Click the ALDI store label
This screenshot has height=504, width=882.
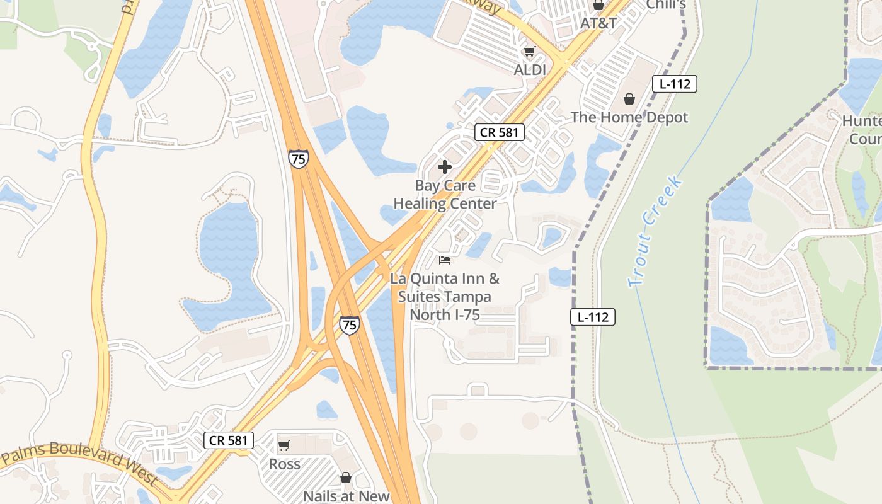pyautogui.click(x=530, y=70)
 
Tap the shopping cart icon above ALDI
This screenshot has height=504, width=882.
pyautogui.click(x=529, y=52)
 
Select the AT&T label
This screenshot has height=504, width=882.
pyautogui.click(x=598, y=23)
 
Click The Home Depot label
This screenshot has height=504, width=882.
pyautogui.click(x=629, y=117)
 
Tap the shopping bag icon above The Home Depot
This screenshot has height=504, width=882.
pyautogui.click(x=629, y=99)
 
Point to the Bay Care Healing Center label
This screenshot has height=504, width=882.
pyautogui.click(x=445, y=195)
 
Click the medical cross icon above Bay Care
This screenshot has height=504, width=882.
pyautogui.click(x=445, y=167)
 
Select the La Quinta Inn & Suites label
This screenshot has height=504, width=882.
pyautogui.click(x=445, y=296)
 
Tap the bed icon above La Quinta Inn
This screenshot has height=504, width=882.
pyautogui.click(x=445, y=260)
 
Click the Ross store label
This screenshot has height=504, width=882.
pyautogui.click(x=285, y=464)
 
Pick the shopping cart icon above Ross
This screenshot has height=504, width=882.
pyautogui.click(x=284, y=446)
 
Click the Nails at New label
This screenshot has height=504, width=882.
pyautogui.click(x=346, y=496)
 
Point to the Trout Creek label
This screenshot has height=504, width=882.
pyautogui.click(x=655, y=232)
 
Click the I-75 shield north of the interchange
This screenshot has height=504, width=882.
pyautogui.click(x=299, y=158)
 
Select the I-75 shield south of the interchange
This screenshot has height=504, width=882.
pyautogui.click(x=349, y=324)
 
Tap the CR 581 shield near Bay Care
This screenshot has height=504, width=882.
pyautogui.click(x=500, y=132)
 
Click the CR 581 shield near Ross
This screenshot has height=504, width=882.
pyautogui.click(x=229, y=440)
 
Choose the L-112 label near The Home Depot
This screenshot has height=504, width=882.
pyautogui.click(x=674, y=84)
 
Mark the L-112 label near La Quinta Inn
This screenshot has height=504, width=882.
pyautogui.click(x=593, y=317)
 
